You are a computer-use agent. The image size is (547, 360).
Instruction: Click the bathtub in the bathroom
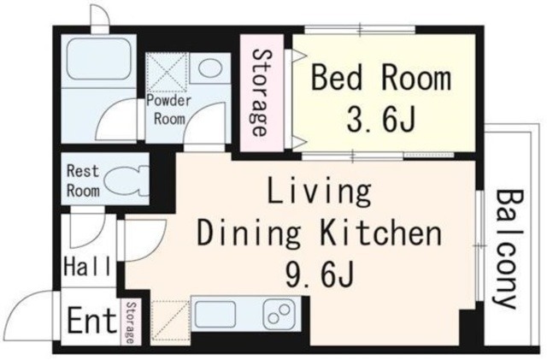pyautogui.click(x=99, y=58)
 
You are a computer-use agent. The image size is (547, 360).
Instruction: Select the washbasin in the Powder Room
pyautogui.click(x=210, y=68)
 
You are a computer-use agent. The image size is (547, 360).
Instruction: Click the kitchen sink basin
pyautogui.click(x=215, y=314)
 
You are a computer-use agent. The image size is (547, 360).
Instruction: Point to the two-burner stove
pyautogui.click(x=279, y=314)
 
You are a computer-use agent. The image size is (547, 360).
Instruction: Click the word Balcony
pyautogui.click(x=509, y=249)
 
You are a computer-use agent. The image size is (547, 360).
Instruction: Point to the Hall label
pyautogui.click(x=87, y=266)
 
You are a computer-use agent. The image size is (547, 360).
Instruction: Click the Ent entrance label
pyautogui.click(x=91, y=320)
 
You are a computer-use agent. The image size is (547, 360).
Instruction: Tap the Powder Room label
pyautogui.click(x=169, y=109)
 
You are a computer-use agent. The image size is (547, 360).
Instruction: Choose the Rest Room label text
pyautogui.click(x=83, y=181)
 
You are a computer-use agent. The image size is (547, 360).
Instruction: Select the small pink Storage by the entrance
pyautogui.click(x=131, y=322)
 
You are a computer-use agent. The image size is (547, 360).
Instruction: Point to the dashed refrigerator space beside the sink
pyautogui.click(x=171, y=321)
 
